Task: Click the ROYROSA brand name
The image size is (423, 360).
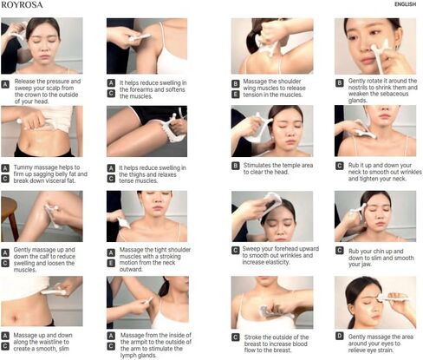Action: click(22, 4)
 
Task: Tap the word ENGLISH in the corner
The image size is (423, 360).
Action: click(405, 4)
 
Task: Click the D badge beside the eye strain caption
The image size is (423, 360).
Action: click(340, 336)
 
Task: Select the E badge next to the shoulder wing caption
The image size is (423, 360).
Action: click(236, 95)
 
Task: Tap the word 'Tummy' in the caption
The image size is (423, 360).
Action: click(23, 167)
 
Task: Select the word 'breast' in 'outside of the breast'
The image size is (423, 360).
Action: click(253, 344)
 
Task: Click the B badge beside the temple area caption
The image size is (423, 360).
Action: click(236, 166)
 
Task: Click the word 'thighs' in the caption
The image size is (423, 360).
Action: click(137, 174)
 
